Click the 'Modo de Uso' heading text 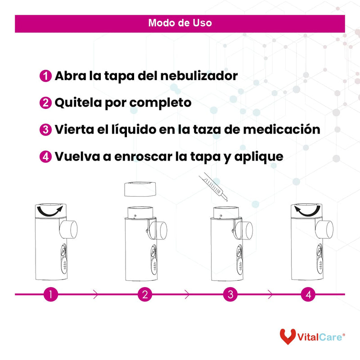coord(180,23)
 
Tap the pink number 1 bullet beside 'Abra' coord(45,76)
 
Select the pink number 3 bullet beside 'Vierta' coord(45,130)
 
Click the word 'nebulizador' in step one coord(198,76)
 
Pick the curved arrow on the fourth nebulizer coord(308,211)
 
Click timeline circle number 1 coord(51,295)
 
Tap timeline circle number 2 coord(145,295)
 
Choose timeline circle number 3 coord(230,295)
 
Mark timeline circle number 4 coord(308,295)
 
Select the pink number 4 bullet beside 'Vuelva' coord(45,157)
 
